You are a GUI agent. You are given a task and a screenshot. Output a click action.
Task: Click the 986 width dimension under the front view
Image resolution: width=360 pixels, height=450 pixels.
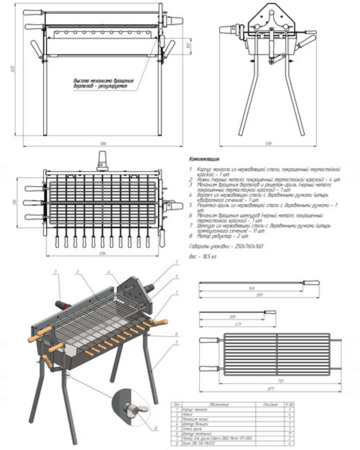coord(103,144)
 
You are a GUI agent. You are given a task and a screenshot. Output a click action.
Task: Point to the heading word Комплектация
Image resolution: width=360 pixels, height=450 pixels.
coord(204,159)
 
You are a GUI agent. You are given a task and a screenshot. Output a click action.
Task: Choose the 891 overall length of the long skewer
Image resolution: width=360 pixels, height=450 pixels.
coord(259,295)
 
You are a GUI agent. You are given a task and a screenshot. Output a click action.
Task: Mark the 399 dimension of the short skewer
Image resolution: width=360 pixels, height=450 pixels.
coord(231,317)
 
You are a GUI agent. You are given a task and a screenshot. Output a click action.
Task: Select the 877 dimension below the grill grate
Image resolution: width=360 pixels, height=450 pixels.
coord(271,389)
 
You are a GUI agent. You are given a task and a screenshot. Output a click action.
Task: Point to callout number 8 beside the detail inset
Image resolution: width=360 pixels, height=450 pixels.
coord(156,428)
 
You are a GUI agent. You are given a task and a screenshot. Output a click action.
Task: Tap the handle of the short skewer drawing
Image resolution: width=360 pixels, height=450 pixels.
coord(270,312)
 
